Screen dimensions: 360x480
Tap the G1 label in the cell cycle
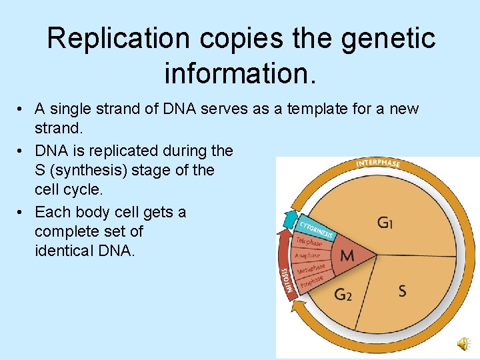point(385,222)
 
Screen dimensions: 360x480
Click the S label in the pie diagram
point(403,291)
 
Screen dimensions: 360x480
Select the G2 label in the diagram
point(342,294)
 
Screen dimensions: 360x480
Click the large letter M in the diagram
point(347,256)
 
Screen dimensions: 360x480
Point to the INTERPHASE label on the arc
point(378,163)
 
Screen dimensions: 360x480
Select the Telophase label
point(309,242)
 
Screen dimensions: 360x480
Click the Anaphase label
point(307,256)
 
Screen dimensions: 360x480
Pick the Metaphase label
point(311,269)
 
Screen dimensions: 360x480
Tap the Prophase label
point(311,282)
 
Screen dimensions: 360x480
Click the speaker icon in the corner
point(461,343)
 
